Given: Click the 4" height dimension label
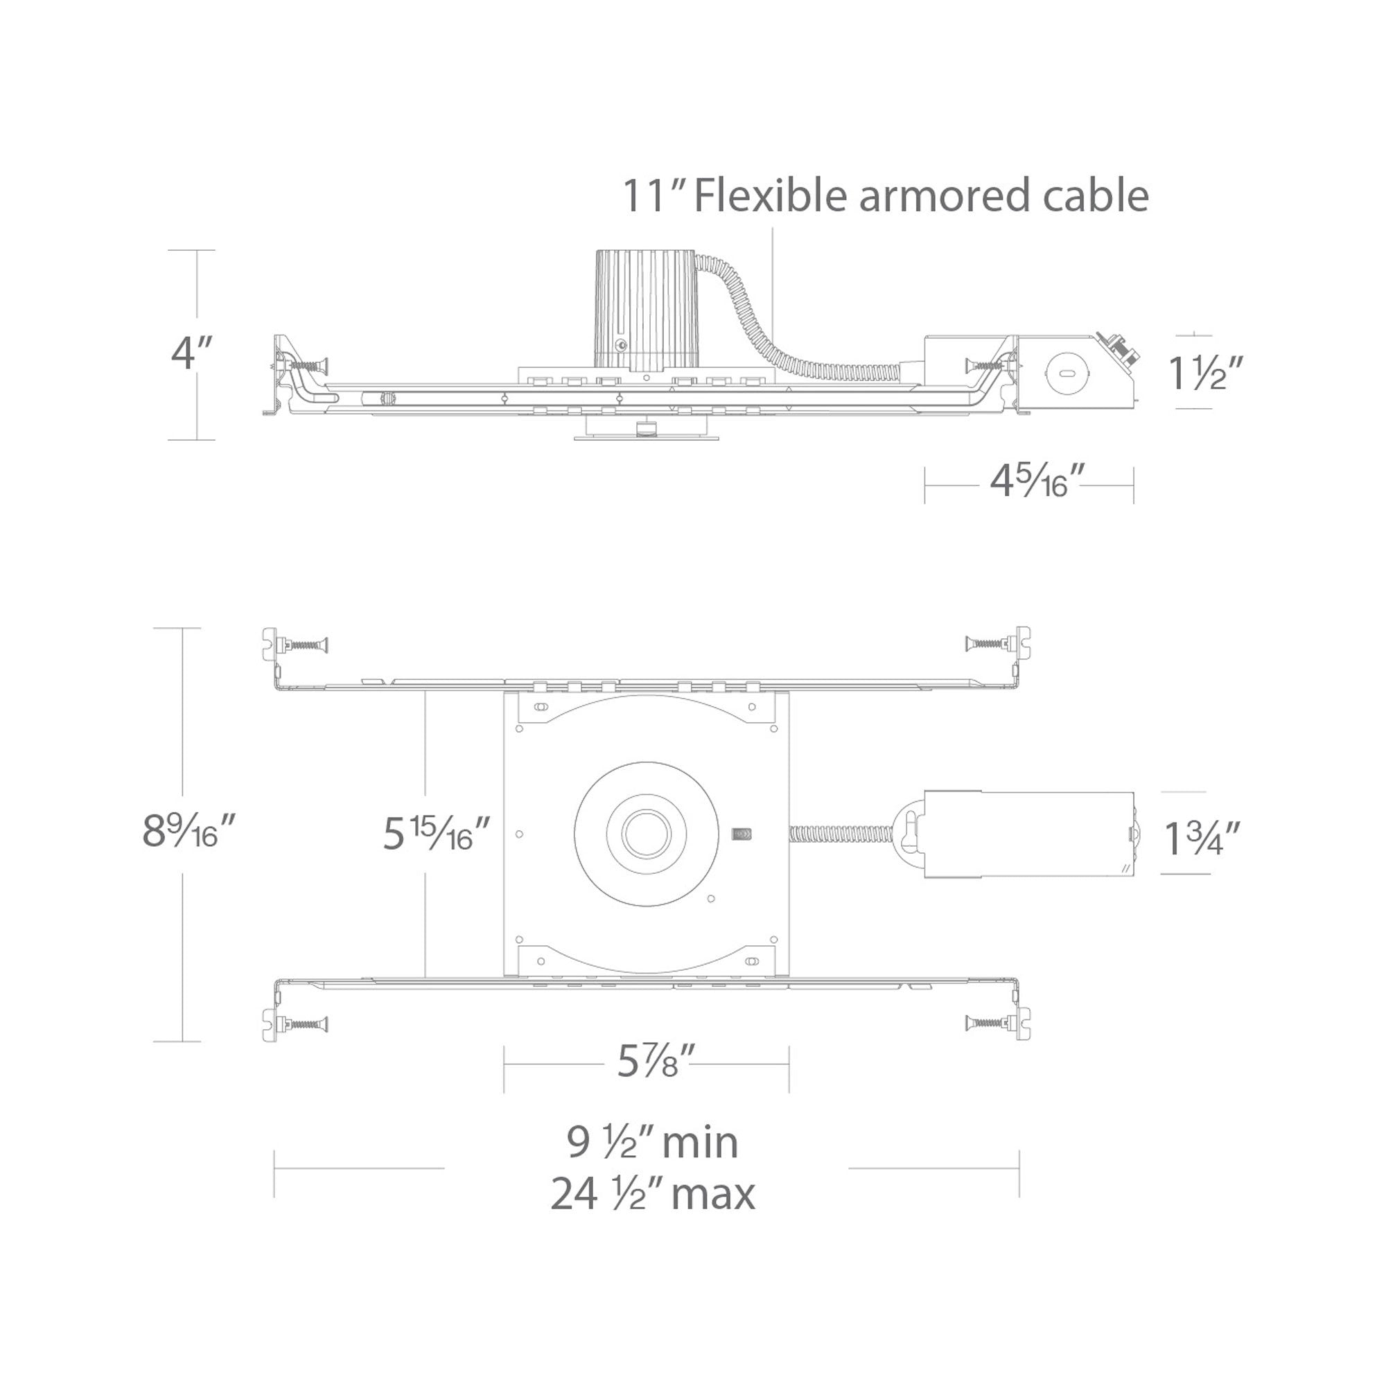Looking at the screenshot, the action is tap(192, 353).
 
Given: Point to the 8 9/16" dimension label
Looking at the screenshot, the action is tap(189, 831).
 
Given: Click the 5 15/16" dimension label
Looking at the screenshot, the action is tap(436, 833).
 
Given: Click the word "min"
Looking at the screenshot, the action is tap(699, 1143).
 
